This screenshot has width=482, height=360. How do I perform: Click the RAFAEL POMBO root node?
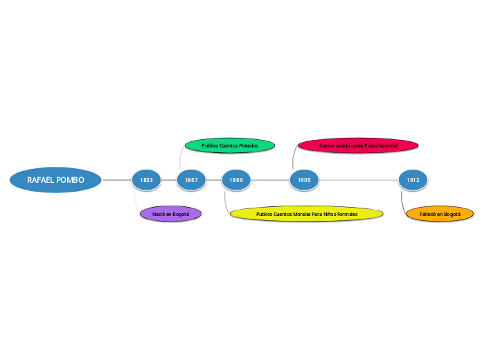point(55,180)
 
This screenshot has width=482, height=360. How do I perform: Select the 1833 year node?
point(146,180)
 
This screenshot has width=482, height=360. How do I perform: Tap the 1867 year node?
point(191,180)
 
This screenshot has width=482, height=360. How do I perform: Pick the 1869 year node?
point(236,180)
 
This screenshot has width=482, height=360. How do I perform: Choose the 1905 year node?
point(304,180)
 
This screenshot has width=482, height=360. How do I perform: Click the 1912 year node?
point(413,180)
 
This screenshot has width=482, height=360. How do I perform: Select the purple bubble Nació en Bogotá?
point(170,214)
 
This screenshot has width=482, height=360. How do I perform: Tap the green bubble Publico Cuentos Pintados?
point(230,145)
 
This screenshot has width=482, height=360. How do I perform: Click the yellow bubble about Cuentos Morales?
point(306,214)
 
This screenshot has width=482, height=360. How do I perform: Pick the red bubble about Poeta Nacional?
point(358,145)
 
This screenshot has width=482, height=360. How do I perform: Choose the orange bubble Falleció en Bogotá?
point(440,214)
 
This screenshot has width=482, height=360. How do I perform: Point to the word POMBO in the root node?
point(71,180)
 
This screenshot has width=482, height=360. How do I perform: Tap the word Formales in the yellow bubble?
point(344,215)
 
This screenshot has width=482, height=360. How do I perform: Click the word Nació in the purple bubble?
point(159,215)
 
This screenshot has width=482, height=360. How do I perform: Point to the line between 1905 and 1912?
point(359,180)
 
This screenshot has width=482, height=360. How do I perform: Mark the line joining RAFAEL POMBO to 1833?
point(116,180)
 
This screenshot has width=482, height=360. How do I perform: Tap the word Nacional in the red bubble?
point(384,146)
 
